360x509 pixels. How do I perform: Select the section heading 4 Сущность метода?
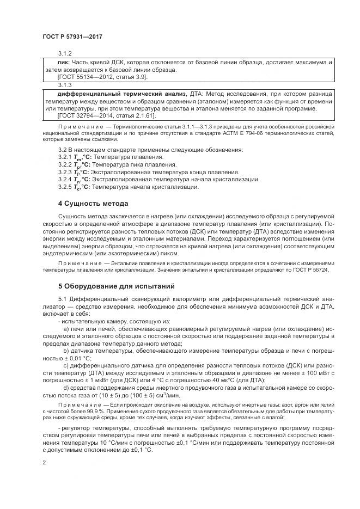point(93,203)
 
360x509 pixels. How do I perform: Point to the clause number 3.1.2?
point(65,53)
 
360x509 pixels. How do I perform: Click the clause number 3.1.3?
point(65,85)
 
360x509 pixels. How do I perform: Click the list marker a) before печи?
point(66,329)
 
